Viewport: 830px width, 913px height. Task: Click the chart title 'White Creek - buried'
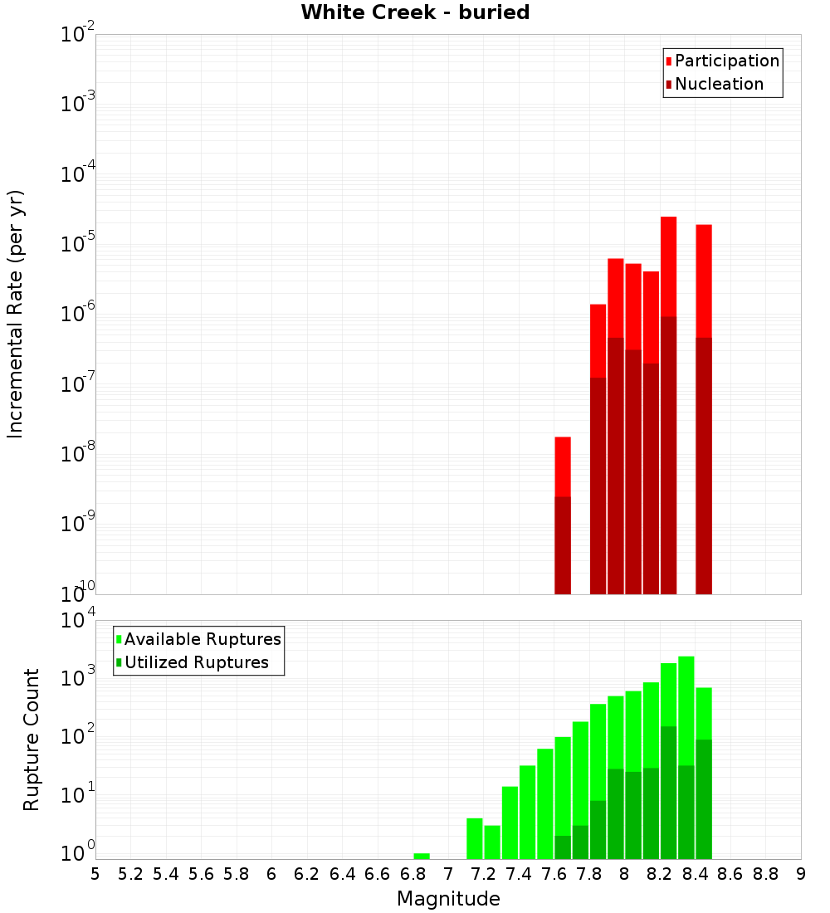pyautogui.click(x=415, y=12)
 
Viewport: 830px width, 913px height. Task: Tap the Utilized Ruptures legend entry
pyautogui.click(x=196, y=662)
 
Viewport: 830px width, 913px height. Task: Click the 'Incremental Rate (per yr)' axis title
pyautogui.click(x=15, y=314)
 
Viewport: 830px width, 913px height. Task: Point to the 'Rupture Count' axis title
pyautogui.click(x=32, y=740)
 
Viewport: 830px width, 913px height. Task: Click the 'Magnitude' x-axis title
pyautogui.click(x=448, y=899)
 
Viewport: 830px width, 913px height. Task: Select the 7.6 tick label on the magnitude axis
pyautogui.click(x=554, y=874)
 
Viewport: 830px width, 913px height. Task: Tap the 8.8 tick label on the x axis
pyautogui.click(x=766, y=874)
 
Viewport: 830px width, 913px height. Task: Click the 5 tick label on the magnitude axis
pyautogui.click(x=95, y=874)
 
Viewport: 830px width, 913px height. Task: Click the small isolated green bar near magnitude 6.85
pyautogui.click(x=422, y=856)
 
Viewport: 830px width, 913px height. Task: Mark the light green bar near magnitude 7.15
pyautogui.click(x=475, y=838)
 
